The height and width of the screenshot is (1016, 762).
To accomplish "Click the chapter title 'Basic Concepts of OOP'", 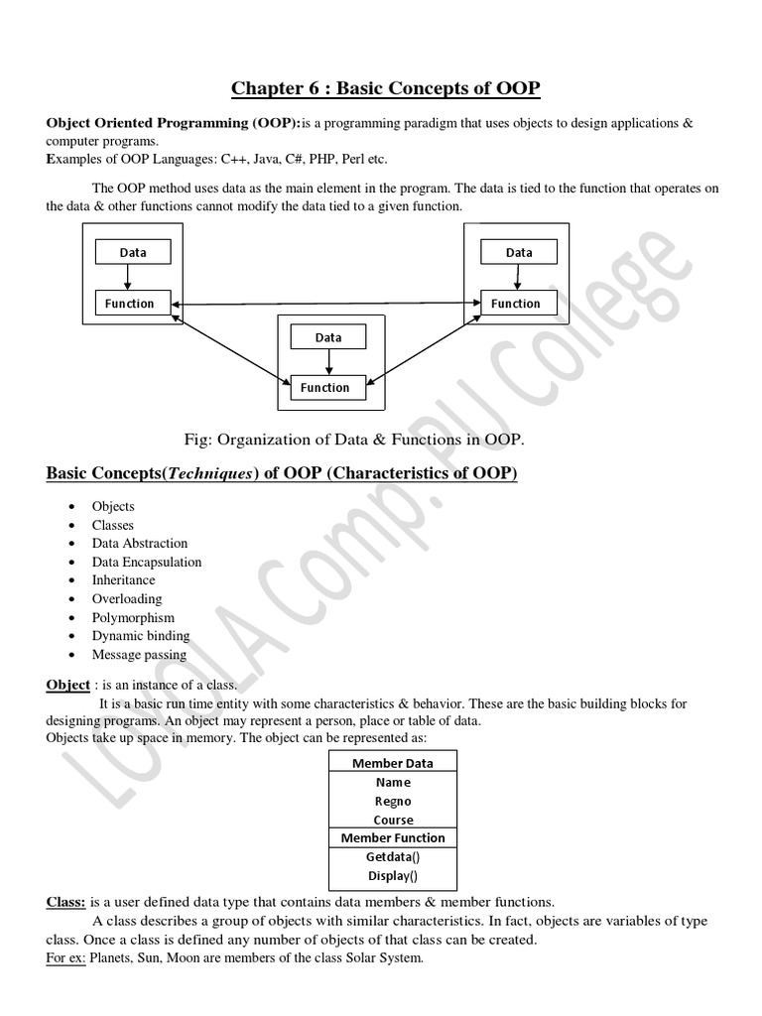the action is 386,88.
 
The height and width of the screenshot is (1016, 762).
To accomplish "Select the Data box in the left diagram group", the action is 132,252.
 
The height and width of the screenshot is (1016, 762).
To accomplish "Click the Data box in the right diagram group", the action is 518,252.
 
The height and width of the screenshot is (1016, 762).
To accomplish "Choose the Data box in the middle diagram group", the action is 327,337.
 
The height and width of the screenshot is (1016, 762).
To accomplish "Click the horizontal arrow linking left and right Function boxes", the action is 325,302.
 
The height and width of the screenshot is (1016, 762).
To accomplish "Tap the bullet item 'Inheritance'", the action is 123,580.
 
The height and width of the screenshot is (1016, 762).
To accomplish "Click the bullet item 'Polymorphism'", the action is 133,617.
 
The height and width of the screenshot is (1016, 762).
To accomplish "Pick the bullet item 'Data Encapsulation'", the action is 146,562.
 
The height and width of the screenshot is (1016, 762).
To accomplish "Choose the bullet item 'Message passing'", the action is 139,655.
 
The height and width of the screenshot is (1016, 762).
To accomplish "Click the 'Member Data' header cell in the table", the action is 393,763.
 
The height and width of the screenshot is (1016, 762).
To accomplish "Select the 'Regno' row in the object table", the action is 393,801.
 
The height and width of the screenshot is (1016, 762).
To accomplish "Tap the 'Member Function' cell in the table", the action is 393,838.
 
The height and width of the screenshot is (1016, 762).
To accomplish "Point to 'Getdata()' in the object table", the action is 393,856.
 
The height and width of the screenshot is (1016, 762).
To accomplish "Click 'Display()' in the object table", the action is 393,875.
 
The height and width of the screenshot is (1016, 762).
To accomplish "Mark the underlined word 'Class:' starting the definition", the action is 66,903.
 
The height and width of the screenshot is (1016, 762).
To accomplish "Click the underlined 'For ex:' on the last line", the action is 66,957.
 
